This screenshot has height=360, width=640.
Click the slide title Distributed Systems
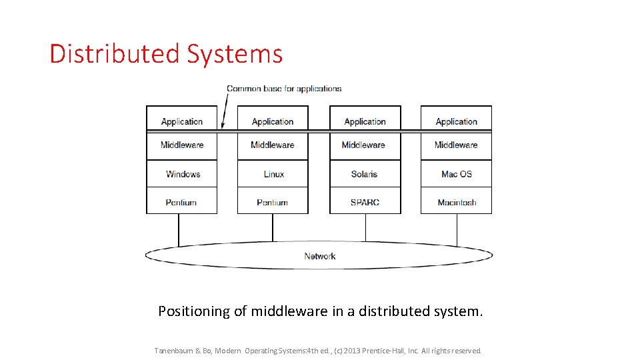point(166,54)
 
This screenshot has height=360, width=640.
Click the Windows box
point(182,174)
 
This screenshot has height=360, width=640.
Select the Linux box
point(273,174)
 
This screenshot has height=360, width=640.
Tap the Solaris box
point(365,174)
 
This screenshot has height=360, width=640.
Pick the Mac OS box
point(456,174)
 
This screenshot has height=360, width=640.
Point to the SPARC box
point(365,202)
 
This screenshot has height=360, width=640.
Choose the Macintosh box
point(456,202)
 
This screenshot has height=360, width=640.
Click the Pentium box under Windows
point(182,202)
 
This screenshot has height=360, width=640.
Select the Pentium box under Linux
point(273,202)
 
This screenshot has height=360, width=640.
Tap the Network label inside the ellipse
point(319,256)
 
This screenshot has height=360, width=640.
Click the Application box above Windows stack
point(182,120)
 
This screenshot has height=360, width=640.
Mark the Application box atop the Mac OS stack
point(456,120)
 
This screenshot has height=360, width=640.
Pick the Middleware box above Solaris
point(365,145)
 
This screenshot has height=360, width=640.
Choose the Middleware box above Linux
point(273,145)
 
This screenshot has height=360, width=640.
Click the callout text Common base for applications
point(284,89)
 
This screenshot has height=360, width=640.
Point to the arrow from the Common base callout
point(225,110)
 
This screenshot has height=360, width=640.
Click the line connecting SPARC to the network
point(365,227)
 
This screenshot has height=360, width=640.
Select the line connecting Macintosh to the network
point(457,227)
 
